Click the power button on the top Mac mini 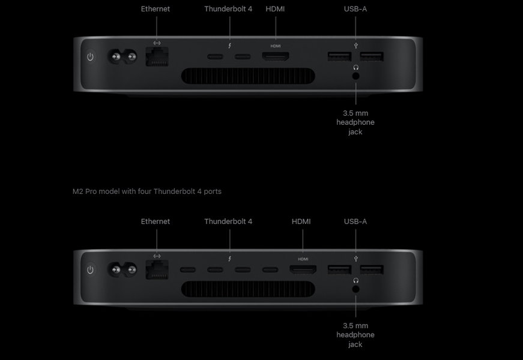click(x=90, y=56)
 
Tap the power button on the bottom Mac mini click(x=90, y=269)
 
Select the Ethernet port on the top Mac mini click(x=157, y=56)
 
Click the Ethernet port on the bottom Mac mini click(x=157, y=269)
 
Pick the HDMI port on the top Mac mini click(x=276, y=56)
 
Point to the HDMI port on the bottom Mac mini click(x=303, y=269)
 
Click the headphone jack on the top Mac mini click(x=356, y=76)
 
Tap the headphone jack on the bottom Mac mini click(x=356, y=289)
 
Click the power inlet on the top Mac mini click(x=122, y=56)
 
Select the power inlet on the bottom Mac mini click(x=122, y=269)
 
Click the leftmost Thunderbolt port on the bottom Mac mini click(x=188, y=269)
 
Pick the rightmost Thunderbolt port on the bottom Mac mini click(x=270, y=269)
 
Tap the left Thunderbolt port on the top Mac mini click(x=216, y=56)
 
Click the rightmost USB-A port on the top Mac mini click(x=372, y=56)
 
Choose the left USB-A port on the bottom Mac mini click(x=339, y=269)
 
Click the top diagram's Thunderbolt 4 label click(x=228, y=9)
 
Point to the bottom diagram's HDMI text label click(x=301, y=221)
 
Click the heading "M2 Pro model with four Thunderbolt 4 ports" click(x=147, y=191)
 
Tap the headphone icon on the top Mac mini click(x=356, y=67)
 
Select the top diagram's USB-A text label click(x=355, y=9)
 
